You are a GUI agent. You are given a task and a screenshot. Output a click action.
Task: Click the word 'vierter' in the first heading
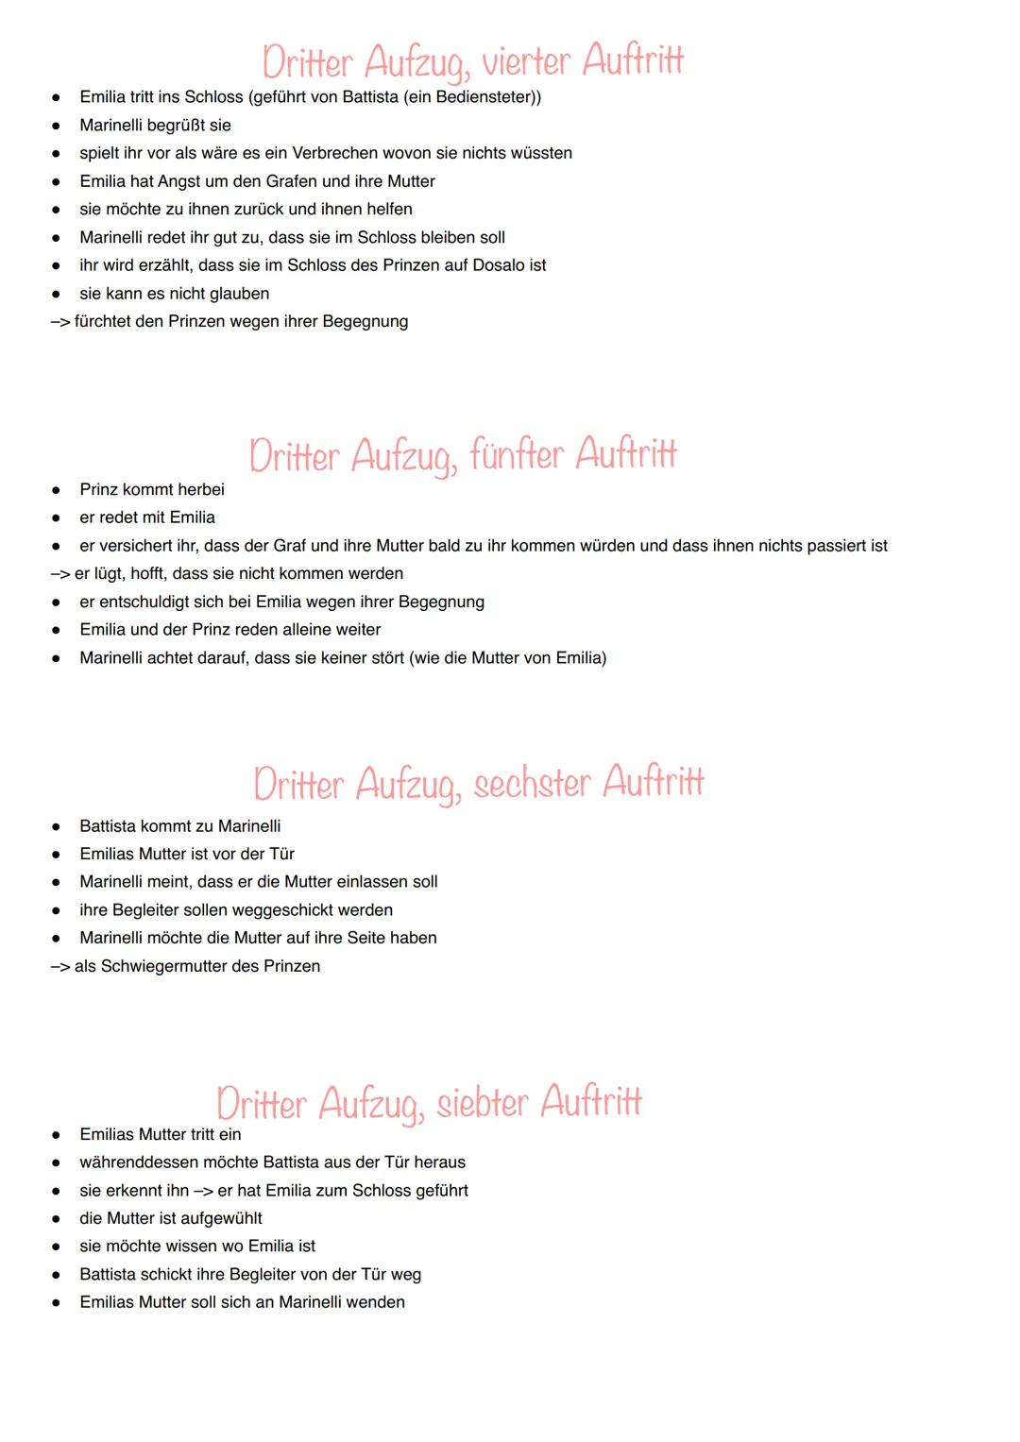pyautogui.click(x=526, y=62)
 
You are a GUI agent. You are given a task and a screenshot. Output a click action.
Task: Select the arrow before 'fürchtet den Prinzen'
pyautogui.click(x=59, y=322)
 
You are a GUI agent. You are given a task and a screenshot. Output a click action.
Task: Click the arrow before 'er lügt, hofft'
pyautogui.click(x=59, y=574)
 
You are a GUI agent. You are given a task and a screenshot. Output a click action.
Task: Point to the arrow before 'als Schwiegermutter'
pyautogui.click(x=59, y=967)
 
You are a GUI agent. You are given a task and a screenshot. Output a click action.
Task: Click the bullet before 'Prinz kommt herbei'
pyautogui.click(x=57, y=490)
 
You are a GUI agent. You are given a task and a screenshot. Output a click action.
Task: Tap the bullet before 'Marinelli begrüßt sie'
pyautogui.click(x=57, y=126)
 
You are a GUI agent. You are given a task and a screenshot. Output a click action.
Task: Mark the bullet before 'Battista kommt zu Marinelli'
pyautogui.click(x=57, y=827)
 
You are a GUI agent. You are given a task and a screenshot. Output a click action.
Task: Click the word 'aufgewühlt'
pyautogui.click(x=222, y=1218)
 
